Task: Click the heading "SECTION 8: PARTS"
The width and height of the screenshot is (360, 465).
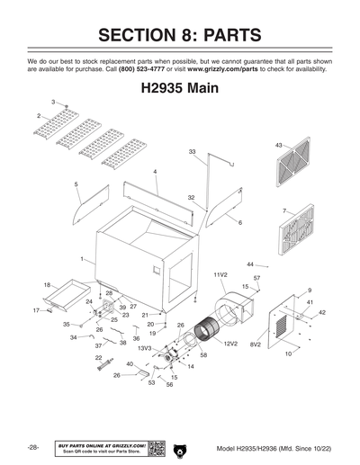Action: coord(180,35)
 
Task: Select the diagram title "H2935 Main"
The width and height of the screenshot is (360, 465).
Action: coord(180,92)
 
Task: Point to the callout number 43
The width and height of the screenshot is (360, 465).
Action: coord(279,144)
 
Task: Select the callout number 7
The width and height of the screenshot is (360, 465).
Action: coord(284,211)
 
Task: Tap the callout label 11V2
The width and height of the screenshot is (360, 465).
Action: coord(220,273)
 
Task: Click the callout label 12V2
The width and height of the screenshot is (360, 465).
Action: coord(230,344)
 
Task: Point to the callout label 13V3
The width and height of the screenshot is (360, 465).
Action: coord(144,347)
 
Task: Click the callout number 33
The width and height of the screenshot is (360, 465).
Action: coord(192,152)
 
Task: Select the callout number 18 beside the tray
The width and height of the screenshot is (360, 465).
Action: coord(47,284)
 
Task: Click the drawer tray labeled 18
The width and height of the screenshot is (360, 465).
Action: coord(69,292)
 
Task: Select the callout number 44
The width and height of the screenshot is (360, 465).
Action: coord(250,264)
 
